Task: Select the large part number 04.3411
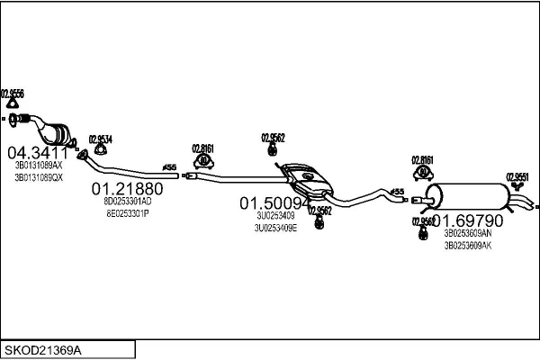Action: click(x=37, y=152)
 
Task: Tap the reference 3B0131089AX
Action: click(x=38, y=166)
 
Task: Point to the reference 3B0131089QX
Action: click(x=38, y=177)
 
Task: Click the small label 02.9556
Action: click(x=12, y=93)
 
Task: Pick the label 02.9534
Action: click(x=100, y=139)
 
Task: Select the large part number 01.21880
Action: click(x=128, y=189)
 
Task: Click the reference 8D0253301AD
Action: click(x=128, y=202)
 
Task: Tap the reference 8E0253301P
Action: click(x=128, y=213)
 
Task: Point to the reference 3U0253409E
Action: click(x=275, y=228)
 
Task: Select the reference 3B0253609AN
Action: click(x=467, y=233)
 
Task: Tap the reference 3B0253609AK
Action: click(x=467, y=245)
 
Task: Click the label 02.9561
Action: click(x=517, y=176)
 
